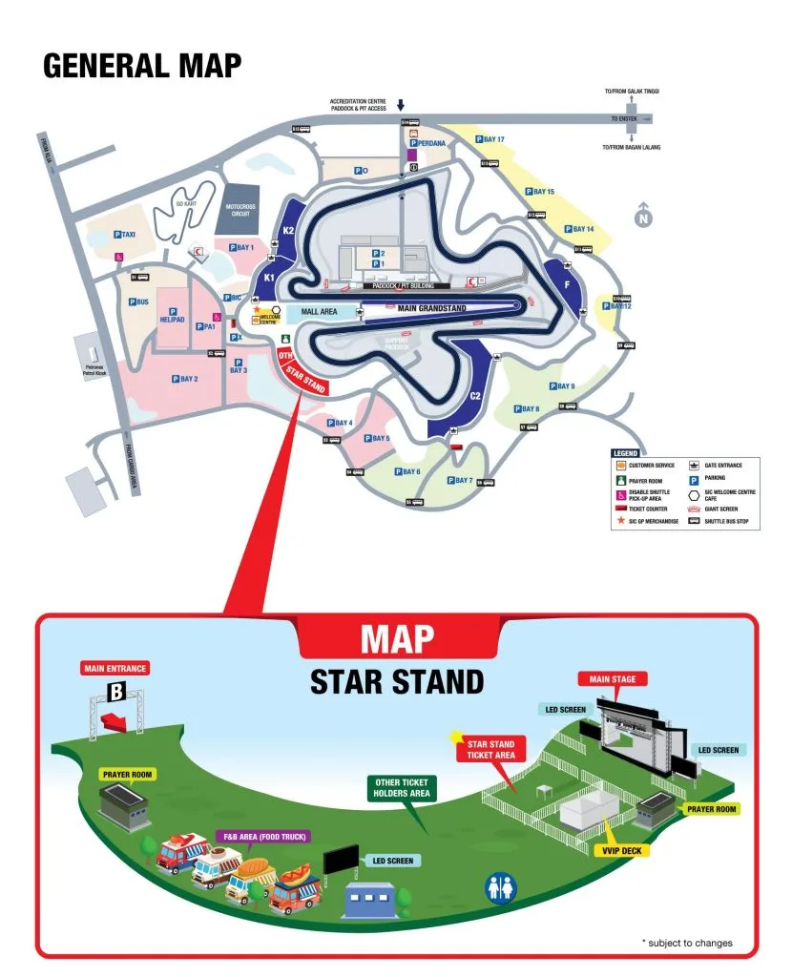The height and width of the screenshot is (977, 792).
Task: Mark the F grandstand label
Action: (x=567, y=285)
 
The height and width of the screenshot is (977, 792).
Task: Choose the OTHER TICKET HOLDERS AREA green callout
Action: (x=403, y=788)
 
